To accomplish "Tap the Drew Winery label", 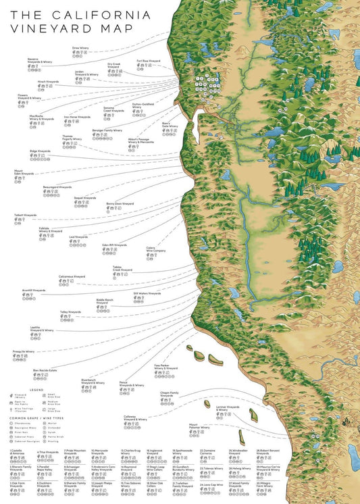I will [80, 48].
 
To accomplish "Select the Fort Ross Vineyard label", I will [148, 60].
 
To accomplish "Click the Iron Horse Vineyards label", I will [76, 116].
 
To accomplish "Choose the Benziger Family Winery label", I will [107, 130].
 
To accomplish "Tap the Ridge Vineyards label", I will [40, 151].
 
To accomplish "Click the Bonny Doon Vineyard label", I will [120, 203].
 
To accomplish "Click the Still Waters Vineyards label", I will [147, 293].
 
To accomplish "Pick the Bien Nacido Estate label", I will [45, 370].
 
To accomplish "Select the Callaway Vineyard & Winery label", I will [135, 419].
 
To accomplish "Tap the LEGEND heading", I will [36, 390].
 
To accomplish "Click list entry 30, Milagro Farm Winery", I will [264, 484].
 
